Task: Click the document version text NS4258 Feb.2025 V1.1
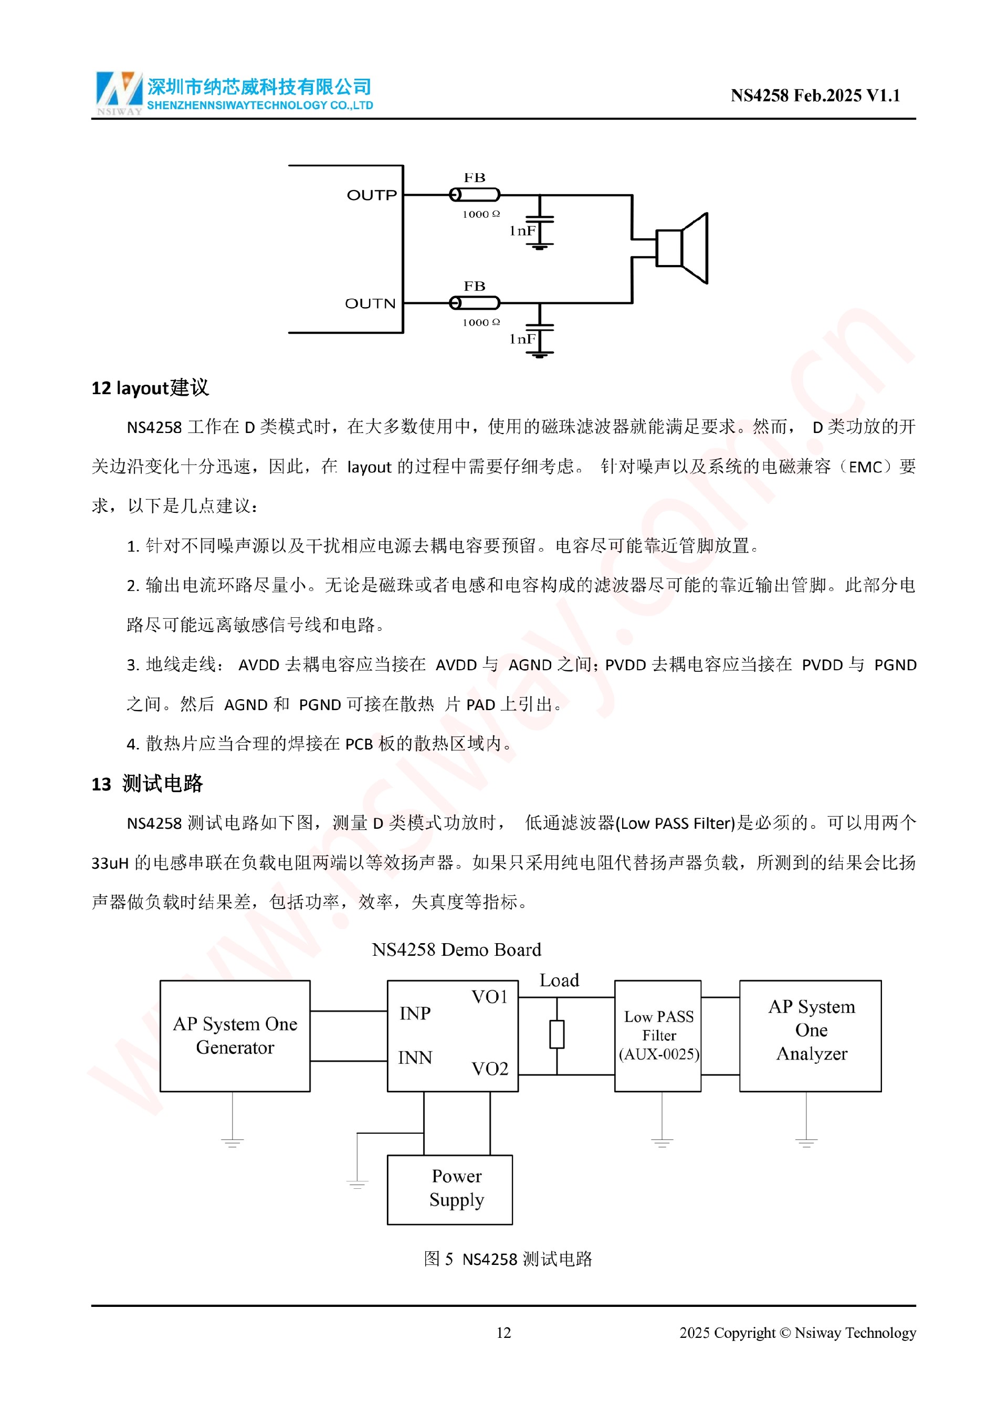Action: coord(815,95)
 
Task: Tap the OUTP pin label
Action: coord(371,195)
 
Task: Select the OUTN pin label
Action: coord(370,303)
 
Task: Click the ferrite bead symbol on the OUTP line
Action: coord(475,195)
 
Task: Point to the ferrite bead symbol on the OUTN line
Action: coord(475,303)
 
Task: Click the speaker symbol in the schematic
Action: coord(681,248)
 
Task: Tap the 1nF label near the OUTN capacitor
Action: coord(522,339)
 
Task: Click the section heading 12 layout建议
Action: coord(150,388)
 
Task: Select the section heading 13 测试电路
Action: coord(147,784)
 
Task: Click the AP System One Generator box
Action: coord(235,1036)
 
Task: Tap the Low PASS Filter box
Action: coord(658,1036)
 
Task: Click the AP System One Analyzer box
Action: coord(811,1036)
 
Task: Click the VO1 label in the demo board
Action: coord(490,997)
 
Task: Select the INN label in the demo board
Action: coord(415,1058)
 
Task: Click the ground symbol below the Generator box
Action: coord(232,1142)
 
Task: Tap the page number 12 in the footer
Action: coord(503,1333)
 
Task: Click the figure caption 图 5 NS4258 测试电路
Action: coord(508,1259)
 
